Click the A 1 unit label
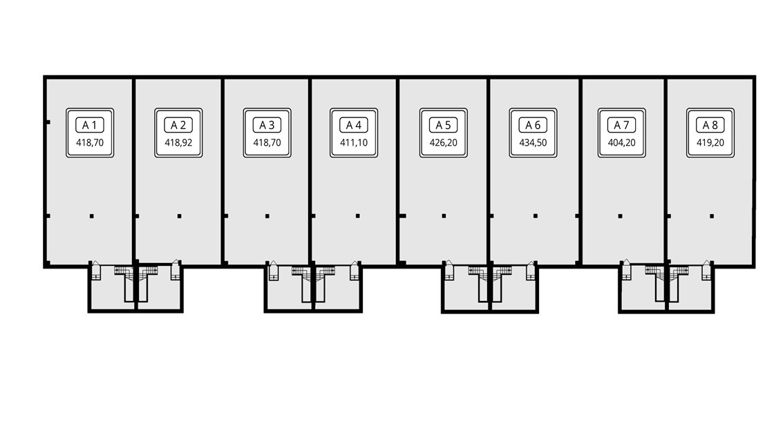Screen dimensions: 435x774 click(90, 125)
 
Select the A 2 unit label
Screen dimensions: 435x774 click(178, 125)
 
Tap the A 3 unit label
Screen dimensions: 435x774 click(267, 125)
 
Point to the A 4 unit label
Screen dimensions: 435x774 click(354, 125)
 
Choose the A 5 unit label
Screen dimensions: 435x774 click(444, 125)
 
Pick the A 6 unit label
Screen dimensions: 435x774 click(532, 125)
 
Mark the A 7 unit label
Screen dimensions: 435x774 click(622, 125)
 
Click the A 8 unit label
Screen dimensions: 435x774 click(710, 125)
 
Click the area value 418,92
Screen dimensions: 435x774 click(178, 144)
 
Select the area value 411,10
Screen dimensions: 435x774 click(354, 144)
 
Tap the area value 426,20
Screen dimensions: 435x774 click(444, 144)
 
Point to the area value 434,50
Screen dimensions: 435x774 click(532, 144)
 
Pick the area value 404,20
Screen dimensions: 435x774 click(622, 144)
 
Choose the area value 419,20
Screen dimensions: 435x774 click(710, 144)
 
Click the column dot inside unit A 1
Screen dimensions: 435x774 click(91, 216)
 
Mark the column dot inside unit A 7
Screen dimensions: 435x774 click(620, 216)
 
